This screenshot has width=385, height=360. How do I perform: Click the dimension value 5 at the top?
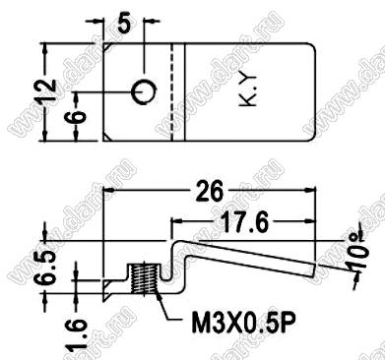pyautogui.click(x=124, y=24)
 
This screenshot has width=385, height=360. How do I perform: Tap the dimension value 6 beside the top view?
pyautogui.click(x=78, y=116)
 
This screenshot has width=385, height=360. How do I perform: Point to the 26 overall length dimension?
pyautogui.click(x=210, y=191)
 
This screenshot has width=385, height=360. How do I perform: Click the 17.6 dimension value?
pyautogui.click(x=244, y=223)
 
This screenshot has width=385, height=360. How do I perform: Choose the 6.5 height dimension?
pyautogui.click(x=45, y=267)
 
